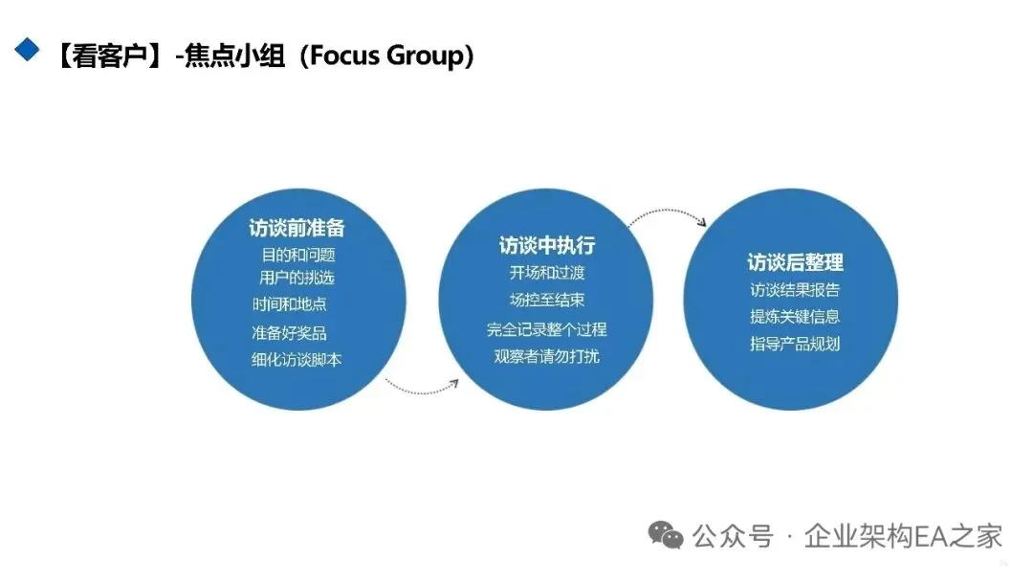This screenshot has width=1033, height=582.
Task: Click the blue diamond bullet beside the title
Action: (x=27, y=49)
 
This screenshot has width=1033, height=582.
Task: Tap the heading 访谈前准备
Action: (x=297, y=229)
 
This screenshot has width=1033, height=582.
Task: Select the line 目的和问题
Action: (x=298, y=255)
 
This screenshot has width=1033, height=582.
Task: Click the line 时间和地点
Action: (x=290, y=304)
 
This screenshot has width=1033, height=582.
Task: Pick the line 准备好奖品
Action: (x=289, y=333)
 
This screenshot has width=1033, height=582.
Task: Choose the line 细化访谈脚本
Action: (x=297, y=360)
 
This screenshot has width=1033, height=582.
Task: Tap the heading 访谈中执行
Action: (x=546, y=245)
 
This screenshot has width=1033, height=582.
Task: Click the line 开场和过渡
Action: (x=547, y=273)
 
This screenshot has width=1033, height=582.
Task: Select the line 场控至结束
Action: (x=547, y=300)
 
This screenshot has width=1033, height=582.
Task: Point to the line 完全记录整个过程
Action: (x=546, y=329)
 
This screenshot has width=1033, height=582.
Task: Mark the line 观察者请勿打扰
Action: (x=546, y=357)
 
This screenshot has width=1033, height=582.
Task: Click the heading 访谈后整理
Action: (x=795, y=262)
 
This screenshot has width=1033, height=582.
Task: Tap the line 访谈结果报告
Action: (x=795, y=290)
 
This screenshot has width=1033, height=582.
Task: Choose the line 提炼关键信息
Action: (x=795, y=317)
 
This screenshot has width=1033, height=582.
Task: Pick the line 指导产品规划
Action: (x=795, y=344)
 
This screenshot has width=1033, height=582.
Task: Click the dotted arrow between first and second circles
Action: (x=422, y=388)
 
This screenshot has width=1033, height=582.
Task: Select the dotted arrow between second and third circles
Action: (x=668, y=213)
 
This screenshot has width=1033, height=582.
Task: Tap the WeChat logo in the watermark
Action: (x=667, y=534)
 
